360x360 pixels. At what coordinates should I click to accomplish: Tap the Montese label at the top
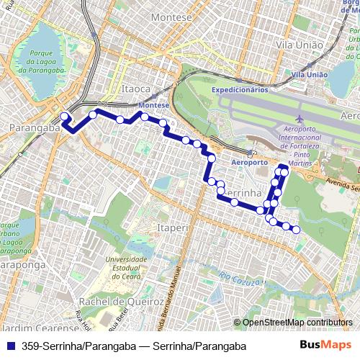tap(172, 17)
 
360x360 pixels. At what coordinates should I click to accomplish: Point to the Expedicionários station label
tap(239, 89)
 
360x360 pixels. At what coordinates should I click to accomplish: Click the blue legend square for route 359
tap(10, 346)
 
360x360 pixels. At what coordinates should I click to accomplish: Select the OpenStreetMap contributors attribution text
tap(296, 323)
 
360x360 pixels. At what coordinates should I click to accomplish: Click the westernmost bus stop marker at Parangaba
tap(64, 116)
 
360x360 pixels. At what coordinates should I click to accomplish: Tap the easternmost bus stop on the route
tap(296, 230)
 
